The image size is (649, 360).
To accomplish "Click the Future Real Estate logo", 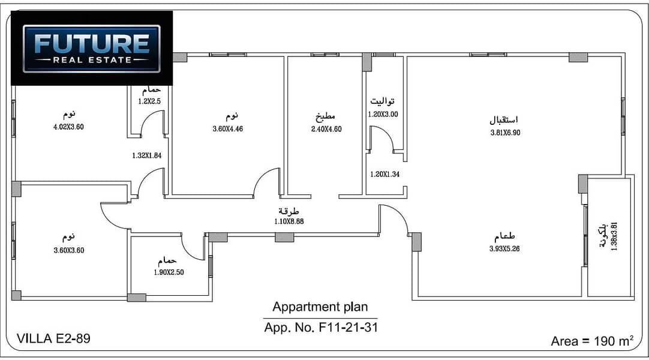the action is (92, 49).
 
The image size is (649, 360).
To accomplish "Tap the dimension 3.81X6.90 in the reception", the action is (506, 133).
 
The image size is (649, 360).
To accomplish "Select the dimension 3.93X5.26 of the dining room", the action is (504, 248).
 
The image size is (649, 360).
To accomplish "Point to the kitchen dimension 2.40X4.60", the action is (326, 129).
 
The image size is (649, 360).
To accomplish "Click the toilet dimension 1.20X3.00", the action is (383, 114).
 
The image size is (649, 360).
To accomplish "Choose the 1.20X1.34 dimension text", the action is (385, 174).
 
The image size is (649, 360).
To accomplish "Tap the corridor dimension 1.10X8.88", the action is (289, 221).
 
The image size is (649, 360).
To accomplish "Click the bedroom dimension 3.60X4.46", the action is (228, 128).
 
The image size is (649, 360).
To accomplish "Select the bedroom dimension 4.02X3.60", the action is (69, 127).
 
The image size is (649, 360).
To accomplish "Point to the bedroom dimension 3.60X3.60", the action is (69, 250).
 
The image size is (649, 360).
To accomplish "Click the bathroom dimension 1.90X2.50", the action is (169, 272).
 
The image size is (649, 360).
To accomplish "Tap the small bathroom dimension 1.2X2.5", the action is (149, 101).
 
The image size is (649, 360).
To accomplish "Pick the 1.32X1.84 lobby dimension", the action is (147, 155).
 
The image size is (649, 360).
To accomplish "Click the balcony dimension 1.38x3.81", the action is (614, 236).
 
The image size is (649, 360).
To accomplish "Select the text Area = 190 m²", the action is (592, 341).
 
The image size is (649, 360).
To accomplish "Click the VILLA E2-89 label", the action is (53, 338).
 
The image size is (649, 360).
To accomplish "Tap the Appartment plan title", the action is (320, 307).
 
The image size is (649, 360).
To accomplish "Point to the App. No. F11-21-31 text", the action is (321, 328).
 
